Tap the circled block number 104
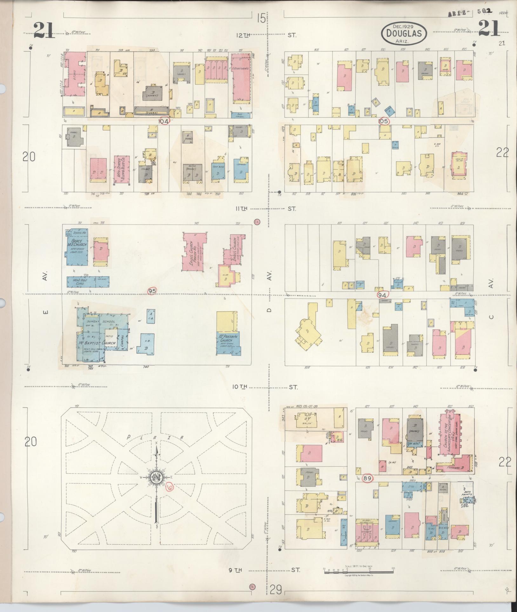(165, 121)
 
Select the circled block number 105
(384, 121)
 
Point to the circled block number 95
(152, 291)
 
